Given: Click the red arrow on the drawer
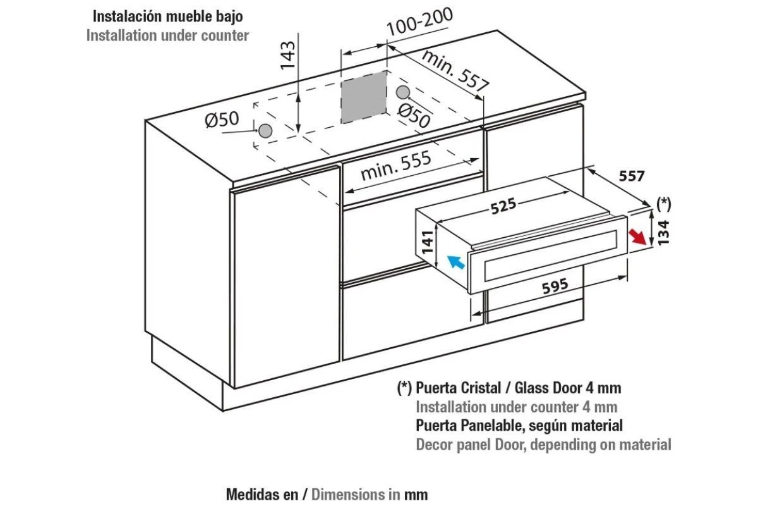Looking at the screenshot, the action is coord(637,237).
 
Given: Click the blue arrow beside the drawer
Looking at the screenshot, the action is coord(456,262).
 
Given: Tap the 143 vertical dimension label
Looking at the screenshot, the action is coord(288,55).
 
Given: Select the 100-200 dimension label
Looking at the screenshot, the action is coord(419,22).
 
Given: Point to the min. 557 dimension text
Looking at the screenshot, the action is coord(455,71).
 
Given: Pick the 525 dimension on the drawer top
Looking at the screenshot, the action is coord(503,206).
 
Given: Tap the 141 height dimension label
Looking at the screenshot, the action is coord(428,242).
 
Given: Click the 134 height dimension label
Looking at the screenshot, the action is coord(663,232).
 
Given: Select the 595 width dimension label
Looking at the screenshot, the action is coord(555,286).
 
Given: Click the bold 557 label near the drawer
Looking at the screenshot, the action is coord(632,176).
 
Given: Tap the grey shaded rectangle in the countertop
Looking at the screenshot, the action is coord(364,97).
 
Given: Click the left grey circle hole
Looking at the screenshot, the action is coord(265,130).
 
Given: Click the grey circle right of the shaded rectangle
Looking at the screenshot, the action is coord(403,92).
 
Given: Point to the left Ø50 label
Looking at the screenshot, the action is coord(222,120).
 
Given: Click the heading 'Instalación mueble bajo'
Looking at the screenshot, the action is coord(168,16).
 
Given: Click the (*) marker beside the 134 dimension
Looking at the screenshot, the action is coord(664,204).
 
